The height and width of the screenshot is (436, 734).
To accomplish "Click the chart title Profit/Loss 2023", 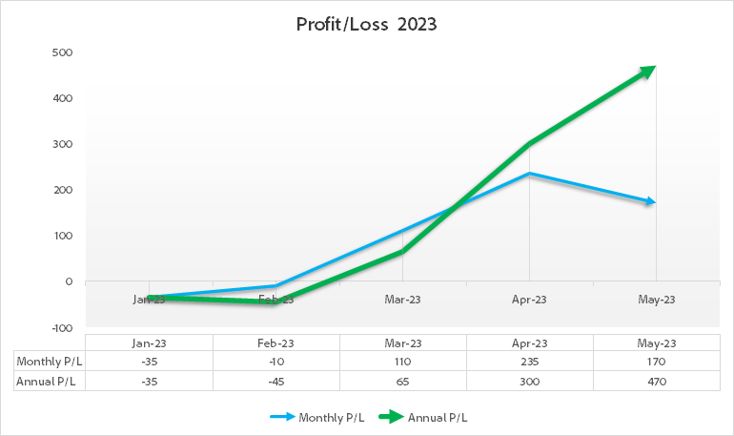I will (367, 26).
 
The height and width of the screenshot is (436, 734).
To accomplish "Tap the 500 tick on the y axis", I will (62, 52).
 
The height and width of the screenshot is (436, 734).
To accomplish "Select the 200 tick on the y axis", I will (62, 190).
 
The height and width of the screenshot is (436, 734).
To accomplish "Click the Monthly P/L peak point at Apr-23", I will (529, 174).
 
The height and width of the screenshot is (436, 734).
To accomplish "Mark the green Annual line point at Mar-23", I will (402, 251).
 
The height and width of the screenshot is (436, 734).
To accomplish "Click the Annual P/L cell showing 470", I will (656, 381).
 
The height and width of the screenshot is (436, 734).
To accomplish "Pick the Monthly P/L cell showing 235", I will (529, 362).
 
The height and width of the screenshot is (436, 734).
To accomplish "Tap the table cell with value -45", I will (275, 381).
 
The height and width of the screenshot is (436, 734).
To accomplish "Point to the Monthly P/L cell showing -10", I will (275, 362).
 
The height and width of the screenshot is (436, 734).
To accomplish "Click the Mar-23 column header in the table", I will (402, 343).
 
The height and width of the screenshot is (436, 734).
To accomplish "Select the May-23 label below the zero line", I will (656, 300).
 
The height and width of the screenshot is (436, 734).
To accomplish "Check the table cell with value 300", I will (529, 381).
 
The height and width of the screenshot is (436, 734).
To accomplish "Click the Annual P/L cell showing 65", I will (402, 381).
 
